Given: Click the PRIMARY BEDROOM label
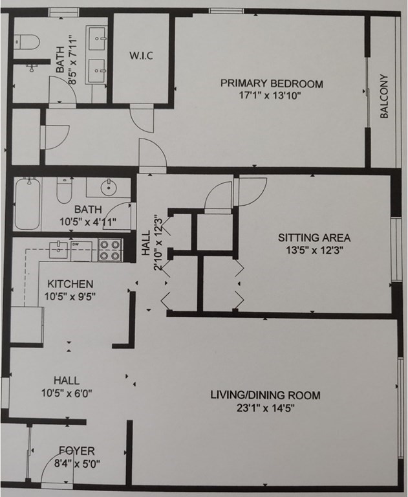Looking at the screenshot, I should pyautogui.click(x=272, y=83).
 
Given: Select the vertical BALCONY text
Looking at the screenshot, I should pyautogui.click(x=384, y=96).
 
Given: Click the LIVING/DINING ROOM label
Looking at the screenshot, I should pyautogui.click(x=265, y=395).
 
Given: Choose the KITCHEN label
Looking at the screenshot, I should pyautogui.click(x=70, y=284).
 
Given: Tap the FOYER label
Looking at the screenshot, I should pyautogui.click(x=77, y=450).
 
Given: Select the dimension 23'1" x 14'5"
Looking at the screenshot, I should pyautogui.click(x=265, y=408).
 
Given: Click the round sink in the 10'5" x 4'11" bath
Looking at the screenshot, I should pyautogui.click(x=108, y=190).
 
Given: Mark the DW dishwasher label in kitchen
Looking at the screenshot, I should pyautogui.click(x=76, y=245).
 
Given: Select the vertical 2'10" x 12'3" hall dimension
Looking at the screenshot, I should pyautogui.click(x=156, y=246).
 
